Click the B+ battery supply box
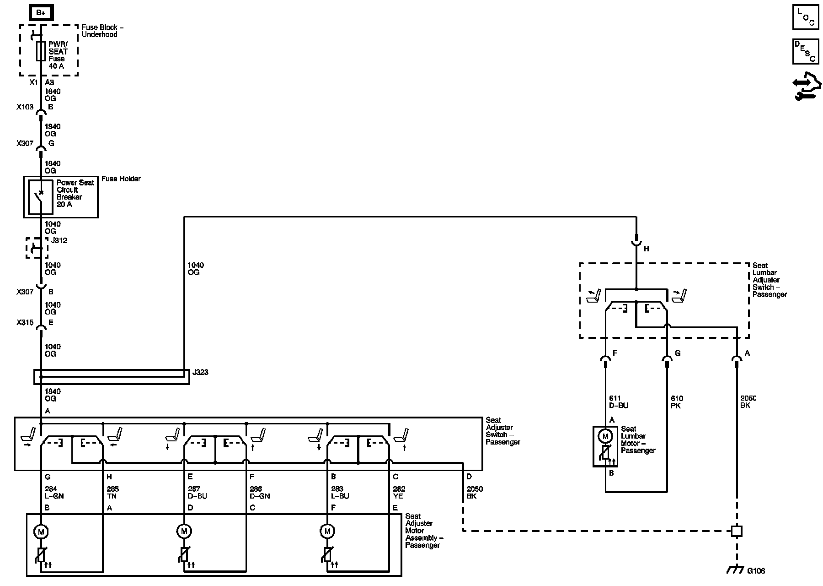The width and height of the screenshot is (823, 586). (x=41, y=13)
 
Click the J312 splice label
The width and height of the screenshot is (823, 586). (x=59, y=240)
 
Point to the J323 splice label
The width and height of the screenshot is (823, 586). (x=200, y=372)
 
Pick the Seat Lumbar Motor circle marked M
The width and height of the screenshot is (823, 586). (x=605, y=436)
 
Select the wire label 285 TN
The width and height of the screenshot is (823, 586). (x=112, y=493)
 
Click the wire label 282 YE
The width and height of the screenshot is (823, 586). (x=399, y=493)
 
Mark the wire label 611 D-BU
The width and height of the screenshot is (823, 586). (x=618, y=402)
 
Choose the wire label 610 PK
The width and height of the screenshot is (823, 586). (x=676, y=402)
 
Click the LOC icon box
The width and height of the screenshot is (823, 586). (x=805, y=17)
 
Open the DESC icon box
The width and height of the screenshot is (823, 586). (x=805, y=51)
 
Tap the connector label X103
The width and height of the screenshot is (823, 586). (x=25, y=107)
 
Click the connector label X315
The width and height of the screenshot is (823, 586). (x=25, y=322)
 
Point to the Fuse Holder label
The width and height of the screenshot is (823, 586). (x=121, y=179)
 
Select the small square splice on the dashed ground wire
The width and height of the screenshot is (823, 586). (x=736, y=531)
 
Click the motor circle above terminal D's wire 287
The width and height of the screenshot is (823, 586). (x=184, y=532)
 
